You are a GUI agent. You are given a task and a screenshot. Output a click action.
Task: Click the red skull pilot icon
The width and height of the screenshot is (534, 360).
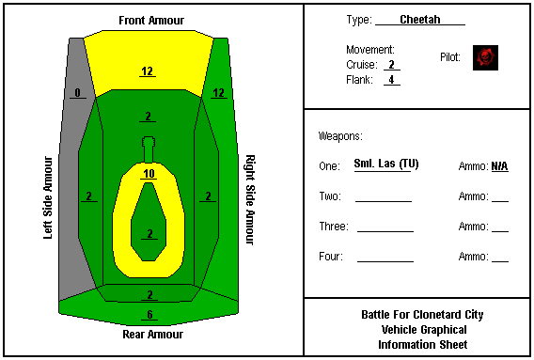pos(485,57)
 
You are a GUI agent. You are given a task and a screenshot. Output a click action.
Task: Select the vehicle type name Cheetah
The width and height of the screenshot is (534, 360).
pos(420,20)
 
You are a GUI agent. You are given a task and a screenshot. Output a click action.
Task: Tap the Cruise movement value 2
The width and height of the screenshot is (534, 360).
pos(392,64)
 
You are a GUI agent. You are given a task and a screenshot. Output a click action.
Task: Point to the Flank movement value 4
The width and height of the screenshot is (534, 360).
pos(392,79)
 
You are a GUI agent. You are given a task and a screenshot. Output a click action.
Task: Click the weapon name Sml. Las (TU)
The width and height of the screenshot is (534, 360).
pos(386,164)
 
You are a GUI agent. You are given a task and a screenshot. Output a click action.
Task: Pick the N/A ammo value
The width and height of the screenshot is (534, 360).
pos(499,166)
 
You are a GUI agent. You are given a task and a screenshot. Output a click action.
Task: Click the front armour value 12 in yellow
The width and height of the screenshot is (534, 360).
pos(147,71)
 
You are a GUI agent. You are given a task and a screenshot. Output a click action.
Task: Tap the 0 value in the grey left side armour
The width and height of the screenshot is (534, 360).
pos(78,93)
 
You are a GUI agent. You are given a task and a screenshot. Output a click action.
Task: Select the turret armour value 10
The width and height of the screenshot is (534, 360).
pos(149,174)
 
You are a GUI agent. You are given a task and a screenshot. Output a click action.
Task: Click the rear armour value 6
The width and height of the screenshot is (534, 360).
pos(149,314)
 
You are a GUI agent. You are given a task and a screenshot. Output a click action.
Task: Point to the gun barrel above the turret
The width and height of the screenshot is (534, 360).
pos(149,149)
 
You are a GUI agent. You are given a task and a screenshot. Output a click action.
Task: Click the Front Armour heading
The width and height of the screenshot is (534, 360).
pos(151,21)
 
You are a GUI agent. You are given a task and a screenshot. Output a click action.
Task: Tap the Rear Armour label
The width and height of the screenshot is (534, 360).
pos(152,334)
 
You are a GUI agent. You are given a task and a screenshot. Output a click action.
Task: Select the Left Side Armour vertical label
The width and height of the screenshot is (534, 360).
pos(48,197)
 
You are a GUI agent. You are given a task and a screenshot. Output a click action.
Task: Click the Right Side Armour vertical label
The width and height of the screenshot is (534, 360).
pos(250,200)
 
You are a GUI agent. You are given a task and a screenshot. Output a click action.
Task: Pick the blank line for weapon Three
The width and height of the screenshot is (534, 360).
pos(385,231)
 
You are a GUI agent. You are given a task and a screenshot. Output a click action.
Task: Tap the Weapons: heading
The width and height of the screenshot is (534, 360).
pos(340,136)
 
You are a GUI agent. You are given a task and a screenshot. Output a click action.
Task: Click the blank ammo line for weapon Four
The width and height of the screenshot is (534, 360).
pos(500,261)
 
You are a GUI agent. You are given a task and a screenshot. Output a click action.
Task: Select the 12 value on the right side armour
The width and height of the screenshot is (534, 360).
pos(219,93)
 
